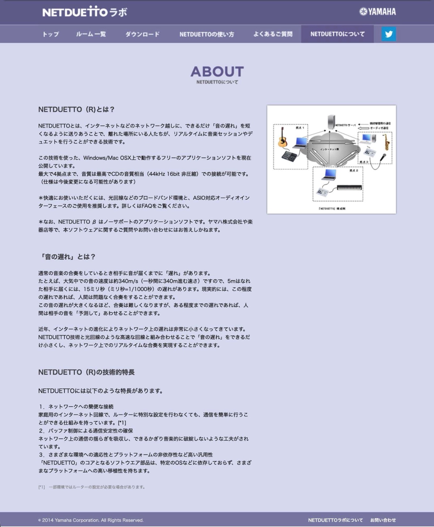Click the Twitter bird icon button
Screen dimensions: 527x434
tap(389, 34)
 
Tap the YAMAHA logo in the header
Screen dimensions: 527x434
tap(378, 12)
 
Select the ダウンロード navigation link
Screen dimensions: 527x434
tap(142, 34)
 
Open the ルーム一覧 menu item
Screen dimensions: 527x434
tap(91, 34)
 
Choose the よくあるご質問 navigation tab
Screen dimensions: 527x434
tap(273, 34)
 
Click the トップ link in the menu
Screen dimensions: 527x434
tap(51, 34)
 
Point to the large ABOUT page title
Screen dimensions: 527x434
tap(217, 72)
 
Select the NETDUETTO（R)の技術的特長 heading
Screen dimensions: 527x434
tap(86, 372)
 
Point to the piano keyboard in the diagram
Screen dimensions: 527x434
tap(349, 187)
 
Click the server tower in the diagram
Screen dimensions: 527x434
tap(331, 122)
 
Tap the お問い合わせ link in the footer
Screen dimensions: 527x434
tap(383, 520)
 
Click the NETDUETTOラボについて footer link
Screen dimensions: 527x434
tap(335, 520)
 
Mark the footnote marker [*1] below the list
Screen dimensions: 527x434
tap(42, 487)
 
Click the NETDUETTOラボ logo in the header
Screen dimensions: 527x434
tap(85, 12)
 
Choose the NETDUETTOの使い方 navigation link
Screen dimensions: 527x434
tap(207, 34)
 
